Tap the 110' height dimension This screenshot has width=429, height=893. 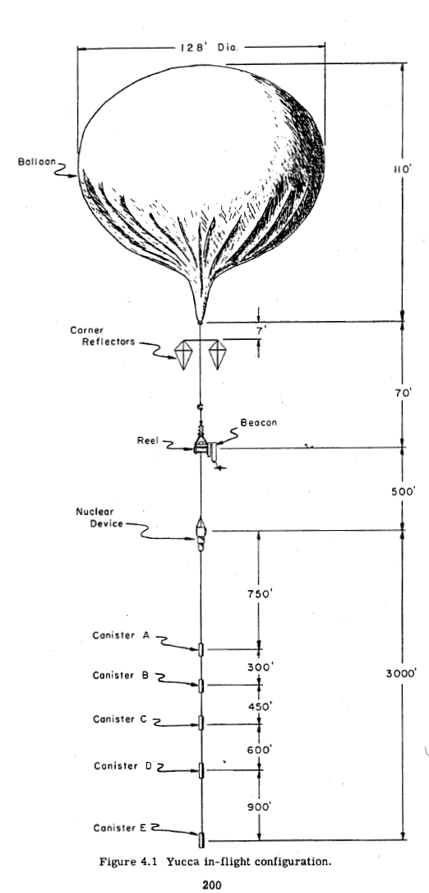pos(401,170)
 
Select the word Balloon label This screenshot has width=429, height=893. pos(37,161)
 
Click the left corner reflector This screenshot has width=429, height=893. pos(183,355)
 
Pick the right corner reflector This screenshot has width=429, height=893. pos(217,354)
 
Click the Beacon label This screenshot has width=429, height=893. pos(258,422)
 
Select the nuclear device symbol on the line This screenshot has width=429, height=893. pos(201,534)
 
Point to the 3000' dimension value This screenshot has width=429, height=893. pos(402,673)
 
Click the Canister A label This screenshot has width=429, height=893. pos(121,635)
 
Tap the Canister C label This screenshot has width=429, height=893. pos(120,719)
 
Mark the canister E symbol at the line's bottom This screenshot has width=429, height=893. pos(201,840)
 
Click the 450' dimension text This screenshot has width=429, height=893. pos(260,707)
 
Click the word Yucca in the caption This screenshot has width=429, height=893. pos(178,863)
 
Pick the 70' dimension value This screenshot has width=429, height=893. pos(402,393)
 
